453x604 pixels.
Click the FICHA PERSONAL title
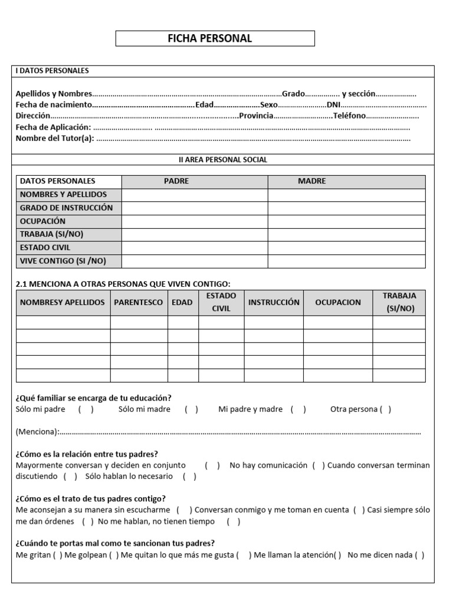(215, 39)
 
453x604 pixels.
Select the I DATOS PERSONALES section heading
(52, 71)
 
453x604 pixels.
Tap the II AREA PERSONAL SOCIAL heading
(223, 160)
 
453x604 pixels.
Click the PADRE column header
(176, 181)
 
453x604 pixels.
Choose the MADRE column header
(311, 181)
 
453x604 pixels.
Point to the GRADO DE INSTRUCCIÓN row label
(66, 208)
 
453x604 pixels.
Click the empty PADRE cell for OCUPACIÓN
(195, 221)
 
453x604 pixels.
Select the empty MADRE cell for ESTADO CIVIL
(346, 248)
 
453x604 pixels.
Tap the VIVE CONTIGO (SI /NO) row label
(63, 261)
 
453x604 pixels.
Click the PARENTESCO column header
(139, 302)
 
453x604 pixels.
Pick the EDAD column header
(182, 302)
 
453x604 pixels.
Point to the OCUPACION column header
(338, 302)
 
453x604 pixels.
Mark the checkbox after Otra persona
(385, 409)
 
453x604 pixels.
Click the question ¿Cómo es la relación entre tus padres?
(87, 454)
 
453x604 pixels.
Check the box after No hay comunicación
(319, 465)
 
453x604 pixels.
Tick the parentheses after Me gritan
(58, 555)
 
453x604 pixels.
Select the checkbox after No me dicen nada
(419, 555)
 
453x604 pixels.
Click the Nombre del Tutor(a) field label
(55, 139)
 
